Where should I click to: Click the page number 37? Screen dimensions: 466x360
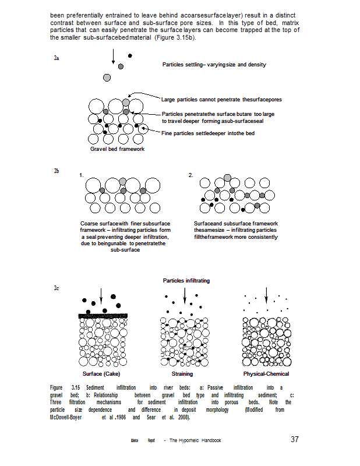tap(295, 439)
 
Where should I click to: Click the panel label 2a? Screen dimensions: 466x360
tap(57, 58)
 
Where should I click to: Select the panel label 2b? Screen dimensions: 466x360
tap(57, 171)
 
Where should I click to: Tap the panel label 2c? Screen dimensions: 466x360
tap(57, 288)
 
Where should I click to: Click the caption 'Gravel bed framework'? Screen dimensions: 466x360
tap(117, 149)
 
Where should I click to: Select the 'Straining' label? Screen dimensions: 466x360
tap(182, 373)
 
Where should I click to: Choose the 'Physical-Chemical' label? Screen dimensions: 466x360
tap(266, 373)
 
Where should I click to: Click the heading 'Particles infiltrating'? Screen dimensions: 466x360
tap(186, 281)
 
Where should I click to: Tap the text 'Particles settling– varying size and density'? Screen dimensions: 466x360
tap(214, 64)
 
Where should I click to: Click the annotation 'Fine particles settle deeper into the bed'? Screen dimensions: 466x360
tap(208, 133)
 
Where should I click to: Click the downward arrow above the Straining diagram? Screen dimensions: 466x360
tap(185, 295)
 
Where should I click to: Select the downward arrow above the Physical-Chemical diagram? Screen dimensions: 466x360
tap(266, 295)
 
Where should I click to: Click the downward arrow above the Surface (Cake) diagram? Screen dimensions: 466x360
tap(101, 295)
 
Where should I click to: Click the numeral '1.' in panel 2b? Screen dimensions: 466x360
tap(82, 175)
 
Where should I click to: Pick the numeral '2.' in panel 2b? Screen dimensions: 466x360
tap(190, 175)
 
